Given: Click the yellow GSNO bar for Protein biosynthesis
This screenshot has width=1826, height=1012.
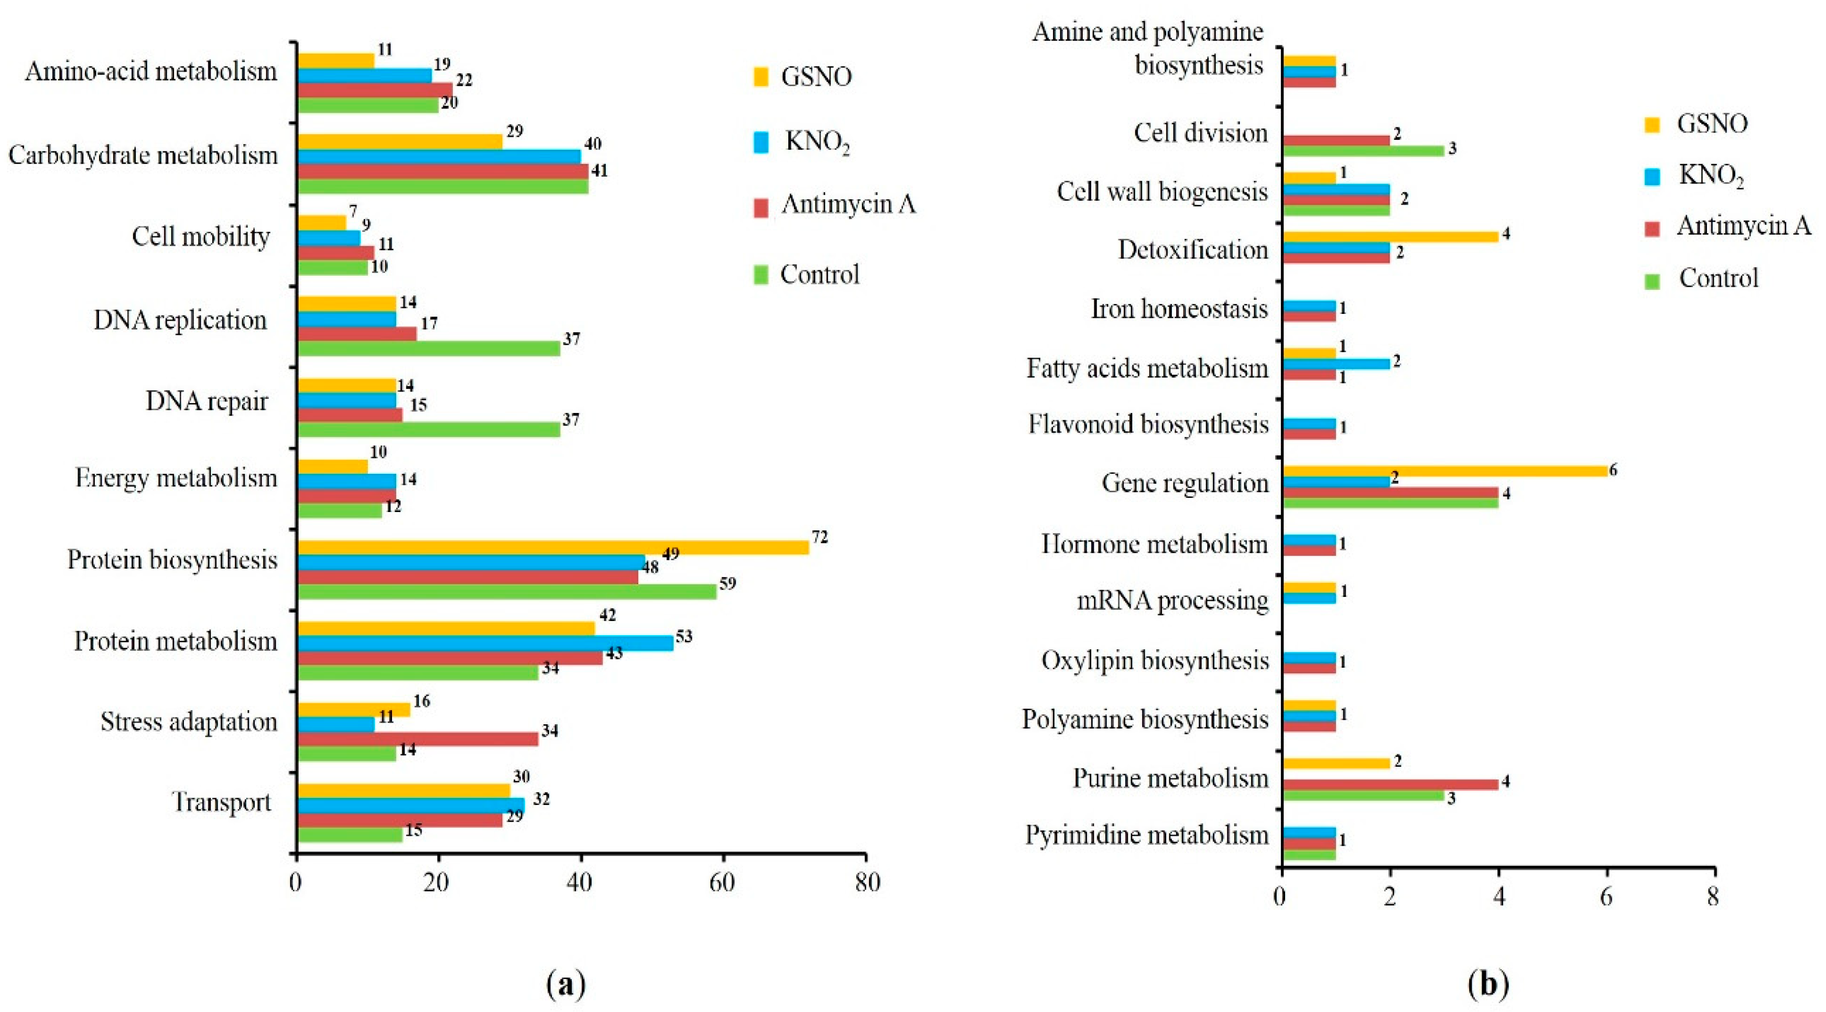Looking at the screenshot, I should point(553,547).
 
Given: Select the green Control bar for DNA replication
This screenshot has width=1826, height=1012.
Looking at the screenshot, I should point(428,349).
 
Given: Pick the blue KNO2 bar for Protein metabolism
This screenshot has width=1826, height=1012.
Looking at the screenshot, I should point(485,643).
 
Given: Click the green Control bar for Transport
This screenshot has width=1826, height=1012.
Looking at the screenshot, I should point(350,835).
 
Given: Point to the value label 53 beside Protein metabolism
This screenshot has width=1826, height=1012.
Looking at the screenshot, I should point(683,636).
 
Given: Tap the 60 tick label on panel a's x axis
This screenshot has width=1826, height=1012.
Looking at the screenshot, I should point(722,883).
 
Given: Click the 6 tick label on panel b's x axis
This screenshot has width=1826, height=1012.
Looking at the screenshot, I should point(1606,898).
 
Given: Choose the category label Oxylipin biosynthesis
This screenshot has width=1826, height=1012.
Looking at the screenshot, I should point(1155,660).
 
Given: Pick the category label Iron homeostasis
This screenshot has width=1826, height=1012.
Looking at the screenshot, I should point(1179,310).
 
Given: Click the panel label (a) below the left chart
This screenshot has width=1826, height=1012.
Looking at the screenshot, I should point(567,984).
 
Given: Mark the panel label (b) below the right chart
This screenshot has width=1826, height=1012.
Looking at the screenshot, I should point(1488,984).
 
